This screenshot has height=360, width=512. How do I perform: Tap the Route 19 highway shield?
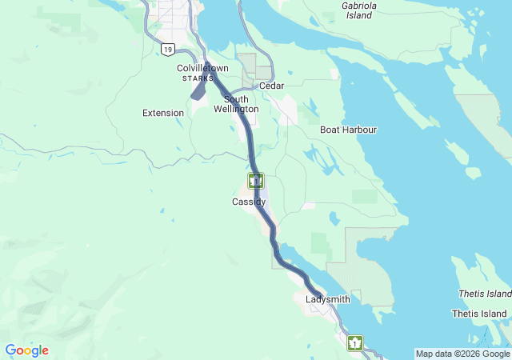[166, 50]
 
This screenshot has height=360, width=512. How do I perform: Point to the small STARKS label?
[198, 78]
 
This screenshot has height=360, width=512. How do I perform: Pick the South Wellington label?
[236, 104]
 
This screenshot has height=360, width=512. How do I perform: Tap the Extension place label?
[163, 113]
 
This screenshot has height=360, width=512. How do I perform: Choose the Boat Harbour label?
[348, 130]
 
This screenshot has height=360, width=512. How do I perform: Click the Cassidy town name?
[249, 202]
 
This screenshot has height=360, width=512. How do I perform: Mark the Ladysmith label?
[328, 299]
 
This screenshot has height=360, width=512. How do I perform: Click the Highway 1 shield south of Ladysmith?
[354, 343]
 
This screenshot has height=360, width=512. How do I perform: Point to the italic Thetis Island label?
[483, 294]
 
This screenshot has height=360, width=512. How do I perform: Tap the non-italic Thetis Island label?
[479, 314]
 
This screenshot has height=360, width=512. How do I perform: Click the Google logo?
[26, 350]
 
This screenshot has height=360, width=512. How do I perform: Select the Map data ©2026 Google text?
[462, 354]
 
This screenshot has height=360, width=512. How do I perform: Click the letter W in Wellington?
[218, 109]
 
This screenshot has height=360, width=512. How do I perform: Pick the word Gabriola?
[359, 5]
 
